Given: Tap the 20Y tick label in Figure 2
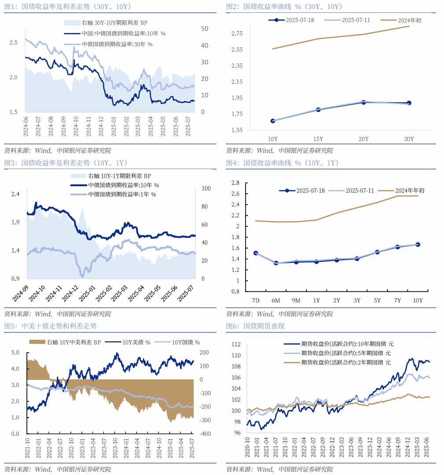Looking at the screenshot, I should pyautogui.click(x=363, y=139).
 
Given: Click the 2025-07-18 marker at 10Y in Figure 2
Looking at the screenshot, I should pyautogui.click(x=273, y=121).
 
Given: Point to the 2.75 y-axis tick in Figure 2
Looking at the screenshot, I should pyautogui.click(x=237, y=33).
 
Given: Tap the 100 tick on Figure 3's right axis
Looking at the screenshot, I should pyautogui.click(x=206, y=188).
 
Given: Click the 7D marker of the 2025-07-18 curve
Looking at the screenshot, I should pyautogui.click(x=256, y=253).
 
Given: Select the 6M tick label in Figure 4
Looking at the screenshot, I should pyautogui.click(x=275, y=300).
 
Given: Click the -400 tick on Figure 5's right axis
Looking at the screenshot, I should pyautogui.click(x=204, y=434).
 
